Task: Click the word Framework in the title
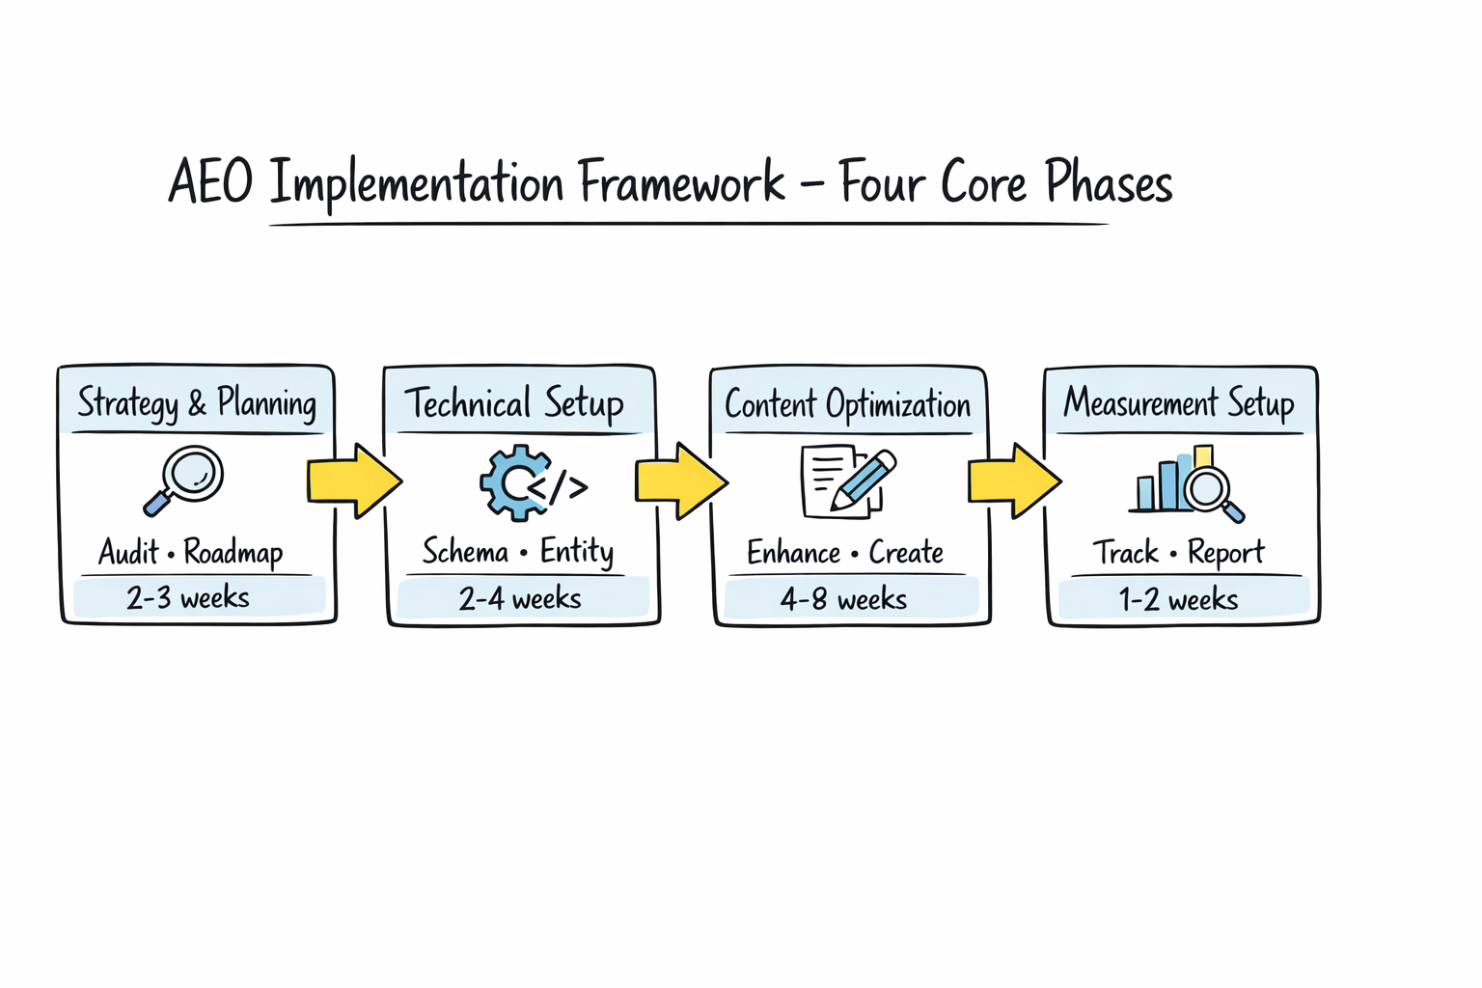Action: click(x=681, y=182)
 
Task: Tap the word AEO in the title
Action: click(x=210, y=182)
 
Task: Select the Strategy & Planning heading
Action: click(x=197, y=403)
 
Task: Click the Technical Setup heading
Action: click(x=514, y=403)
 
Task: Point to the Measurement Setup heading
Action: click(x=1178, y=403)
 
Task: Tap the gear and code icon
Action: click(x=532, y=482)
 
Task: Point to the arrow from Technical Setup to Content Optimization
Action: click(x=680, y=480)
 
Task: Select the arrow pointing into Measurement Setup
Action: click(x=1014, y=480)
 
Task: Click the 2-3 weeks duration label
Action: click(x=188, y=598)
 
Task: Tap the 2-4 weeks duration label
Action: click(x=520, y=599)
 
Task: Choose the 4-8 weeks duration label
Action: click(x=844, y=600)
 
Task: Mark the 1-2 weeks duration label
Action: click(x=1178, y=600)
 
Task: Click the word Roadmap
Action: click(x=233, y=553)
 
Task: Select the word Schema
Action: click(x=465, y=552)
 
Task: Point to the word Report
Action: click(x=1225, y=553)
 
